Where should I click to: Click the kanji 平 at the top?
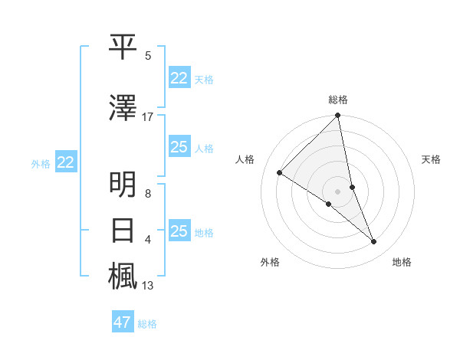pyautogui.click(x=123, y=47)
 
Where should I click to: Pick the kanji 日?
pyautogui.click(x=123, y=231)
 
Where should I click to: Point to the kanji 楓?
pyautogui.click(x=123, y=277)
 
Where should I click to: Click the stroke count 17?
pyautogui.click(x=148, y=117)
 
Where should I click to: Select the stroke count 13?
pyautogui.click(x=148, y=286)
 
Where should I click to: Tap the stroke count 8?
pyautogui.click(x=148, y=194)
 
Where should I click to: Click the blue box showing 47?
pyautogui.click(x=123, y=322)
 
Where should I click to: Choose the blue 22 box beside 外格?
pyautogui.click(x=65, y=162)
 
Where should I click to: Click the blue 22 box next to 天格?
pyautogui.click(x=179, y=78)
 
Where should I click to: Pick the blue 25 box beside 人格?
pyautogui.click(x=179, y=147)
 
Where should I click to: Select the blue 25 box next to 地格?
pyautogui.click(x=179, y=231)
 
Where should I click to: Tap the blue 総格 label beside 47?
pyautogui.click(x=147, y=324)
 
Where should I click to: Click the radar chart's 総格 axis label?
pyautogui.click(x=338, y=100)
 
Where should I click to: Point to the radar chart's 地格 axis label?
pyautogui.click(x=402, y=263)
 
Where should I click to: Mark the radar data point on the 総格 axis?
pyautogui.click(x=338, y=116)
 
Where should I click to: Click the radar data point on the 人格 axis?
pyautogui.click(x=280, y=173)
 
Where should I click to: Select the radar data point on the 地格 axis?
pyautogui.click(x=374, y=241)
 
